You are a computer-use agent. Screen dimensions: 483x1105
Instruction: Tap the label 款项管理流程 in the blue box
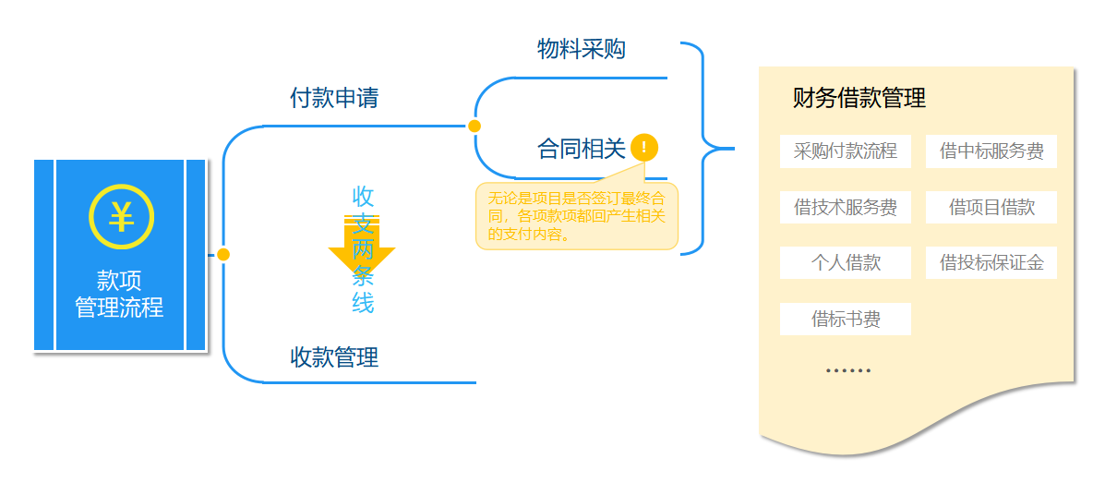point(120,295)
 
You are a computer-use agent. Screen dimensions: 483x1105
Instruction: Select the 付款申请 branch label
point(334,98)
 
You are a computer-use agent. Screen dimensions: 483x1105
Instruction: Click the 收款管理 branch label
point(334,356)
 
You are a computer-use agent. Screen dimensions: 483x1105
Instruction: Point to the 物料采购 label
point(582,49)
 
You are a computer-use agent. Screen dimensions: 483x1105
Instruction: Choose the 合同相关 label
point(582,149)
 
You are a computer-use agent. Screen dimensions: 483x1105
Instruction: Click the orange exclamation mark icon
point(644,147)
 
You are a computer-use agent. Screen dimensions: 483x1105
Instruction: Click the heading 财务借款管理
point(859,98)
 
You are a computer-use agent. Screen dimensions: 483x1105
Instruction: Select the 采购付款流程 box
point(846,151)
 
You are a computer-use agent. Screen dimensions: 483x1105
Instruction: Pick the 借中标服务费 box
point(991,151)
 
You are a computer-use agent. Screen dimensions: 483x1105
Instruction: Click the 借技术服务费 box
point(846,208)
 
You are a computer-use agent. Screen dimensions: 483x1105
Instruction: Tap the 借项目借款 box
point(991,208)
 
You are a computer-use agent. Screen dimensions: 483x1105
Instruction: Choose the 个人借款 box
point(846,263)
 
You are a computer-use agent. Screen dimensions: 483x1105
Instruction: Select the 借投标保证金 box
point(991,263)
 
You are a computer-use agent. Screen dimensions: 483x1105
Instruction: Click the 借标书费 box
point(846,320)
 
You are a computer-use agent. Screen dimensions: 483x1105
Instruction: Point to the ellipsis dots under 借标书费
point(847,370)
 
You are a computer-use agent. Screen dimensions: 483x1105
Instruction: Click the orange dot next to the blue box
point(222,254)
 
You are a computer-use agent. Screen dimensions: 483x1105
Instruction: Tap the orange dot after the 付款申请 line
point(474,126)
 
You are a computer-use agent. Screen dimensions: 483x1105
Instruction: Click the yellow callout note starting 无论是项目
point(577,216)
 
